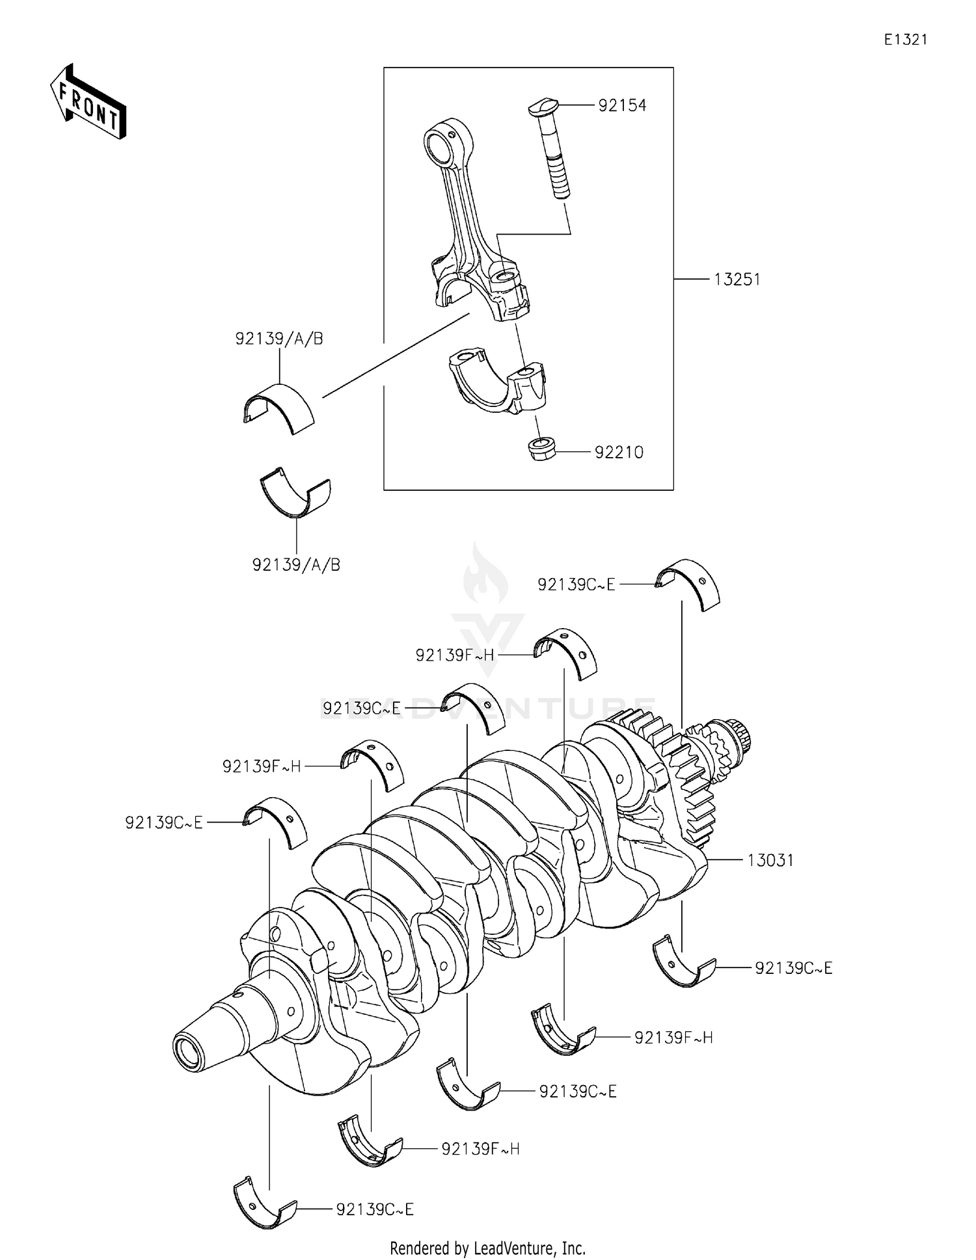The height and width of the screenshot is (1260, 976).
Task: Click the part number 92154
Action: pos(622,105)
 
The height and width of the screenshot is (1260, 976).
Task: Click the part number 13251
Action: pos(737,280)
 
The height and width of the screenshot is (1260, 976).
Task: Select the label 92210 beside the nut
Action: pos(619,453)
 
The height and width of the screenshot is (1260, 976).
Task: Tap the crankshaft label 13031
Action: pos(770,860)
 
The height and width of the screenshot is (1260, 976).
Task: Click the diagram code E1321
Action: pos(905,40)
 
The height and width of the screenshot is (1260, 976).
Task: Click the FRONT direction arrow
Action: pos(88,103)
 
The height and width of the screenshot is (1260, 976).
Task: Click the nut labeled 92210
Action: pos(541,449)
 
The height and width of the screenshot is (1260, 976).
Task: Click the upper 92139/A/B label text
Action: pos(279,339)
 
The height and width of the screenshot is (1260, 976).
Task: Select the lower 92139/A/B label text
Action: pos(296,565)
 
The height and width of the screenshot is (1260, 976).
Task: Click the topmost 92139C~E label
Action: pos(576,584)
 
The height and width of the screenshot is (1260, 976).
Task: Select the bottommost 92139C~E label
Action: pos(375,1209)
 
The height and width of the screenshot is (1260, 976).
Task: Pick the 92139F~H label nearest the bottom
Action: pos(480,1149)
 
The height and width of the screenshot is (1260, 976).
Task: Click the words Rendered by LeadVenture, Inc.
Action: pos(487,1248)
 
